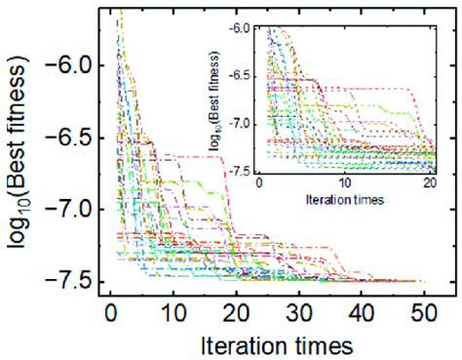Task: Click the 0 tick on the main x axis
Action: pyautogui.click(x=110, y=314)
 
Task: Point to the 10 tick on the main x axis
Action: pyautogui.click(x=173, y=314)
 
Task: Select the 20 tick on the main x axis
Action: pyautogui.click(x=235, y=314)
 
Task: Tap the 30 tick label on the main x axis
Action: pyautogui.click(x=297, y=314)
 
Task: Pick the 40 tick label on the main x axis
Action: pyautogui.click(x=360, y=314)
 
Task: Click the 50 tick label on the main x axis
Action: pyautogui.click(x=422, y=314)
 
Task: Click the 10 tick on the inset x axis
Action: pyautogui.click(x=344, y=183)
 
